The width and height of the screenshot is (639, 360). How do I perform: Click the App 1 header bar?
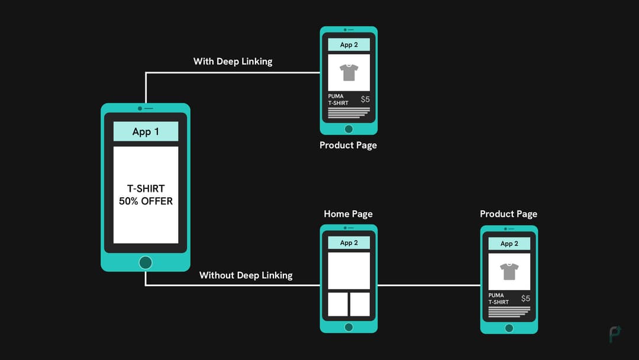pos(146,131)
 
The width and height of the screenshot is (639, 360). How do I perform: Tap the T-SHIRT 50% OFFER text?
pos(146,195)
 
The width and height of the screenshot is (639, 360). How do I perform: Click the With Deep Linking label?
pos(233,62)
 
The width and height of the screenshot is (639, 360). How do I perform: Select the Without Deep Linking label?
pos(246,275)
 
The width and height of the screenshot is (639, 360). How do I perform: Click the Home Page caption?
pos(348,214)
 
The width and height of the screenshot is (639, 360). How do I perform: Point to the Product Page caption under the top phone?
pos(348,145)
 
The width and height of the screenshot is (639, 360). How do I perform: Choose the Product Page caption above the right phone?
pos(508,214)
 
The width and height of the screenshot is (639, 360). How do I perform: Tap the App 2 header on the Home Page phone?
pos(348,243)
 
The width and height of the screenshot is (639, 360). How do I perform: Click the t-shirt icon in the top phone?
pos(348,72)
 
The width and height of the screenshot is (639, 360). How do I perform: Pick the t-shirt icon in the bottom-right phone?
pos(509,271)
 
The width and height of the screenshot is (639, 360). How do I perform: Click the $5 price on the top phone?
pos(365,99)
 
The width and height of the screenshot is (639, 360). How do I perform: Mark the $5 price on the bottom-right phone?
pos(525,298)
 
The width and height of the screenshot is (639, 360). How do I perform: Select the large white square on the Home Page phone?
pos(348,271)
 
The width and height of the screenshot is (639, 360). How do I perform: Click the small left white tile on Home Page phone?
pos(338,304)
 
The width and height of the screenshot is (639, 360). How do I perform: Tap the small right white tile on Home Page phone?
pos(360,304)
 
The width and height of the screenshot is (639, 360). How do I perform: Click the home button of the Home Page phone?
pos(348,327)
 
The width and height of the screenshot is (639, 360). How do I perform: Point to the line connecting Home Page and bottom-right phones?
pos(429,285)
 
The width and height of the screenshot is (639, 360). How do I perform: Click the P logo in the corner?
pos(615,334)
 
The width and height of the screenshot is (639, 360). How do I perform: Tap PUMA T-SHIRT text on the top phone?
pos(338,99)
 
